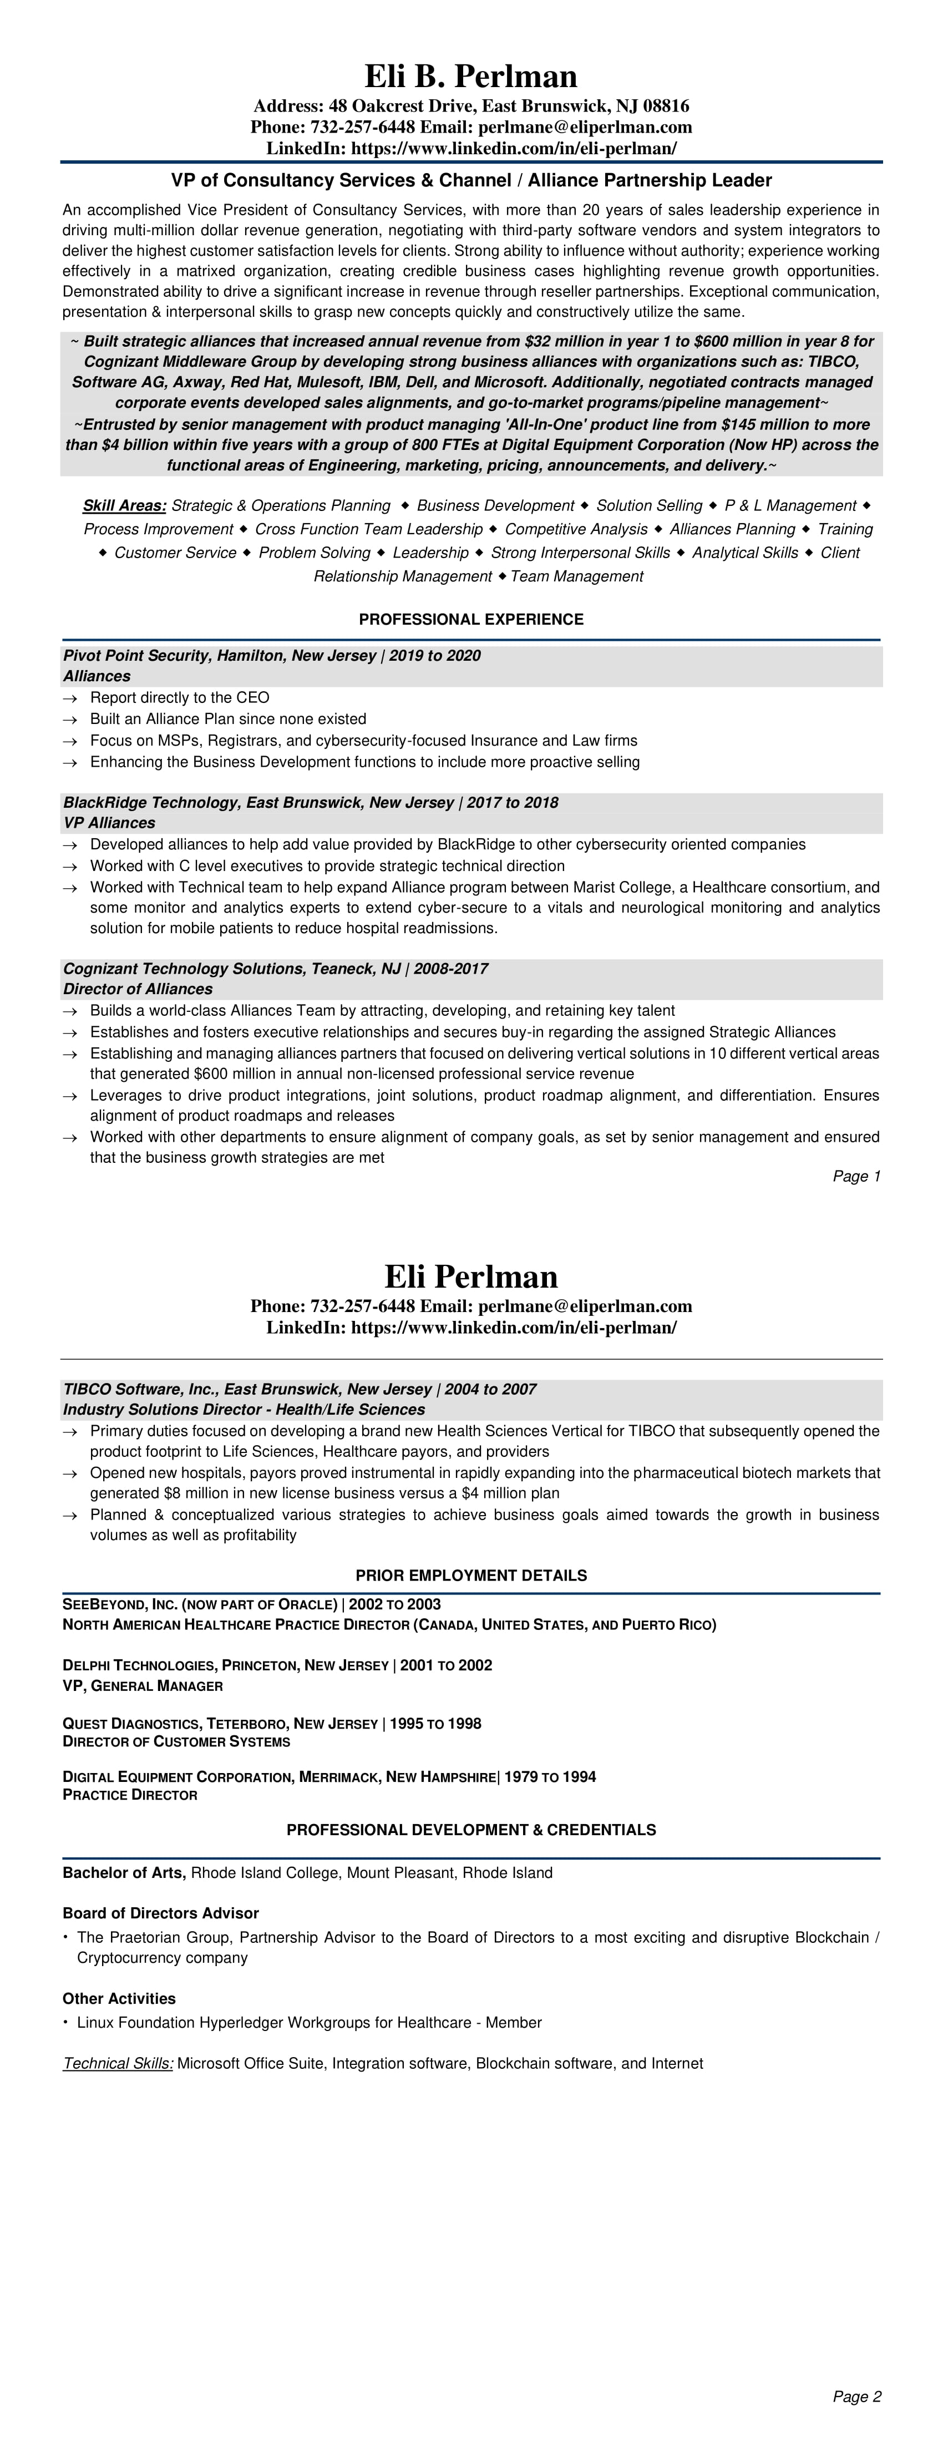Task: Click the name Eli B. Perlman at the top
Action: tap(471, 77)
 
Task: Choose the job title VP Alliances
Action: tap(109, 823)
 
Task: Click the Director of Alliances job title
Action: tap(138, 989)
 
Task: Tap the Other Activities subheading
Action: tap(119, 1998)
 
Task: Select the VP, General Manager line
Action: tap(142, 1686)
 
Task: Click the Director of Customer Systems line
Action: tap(176, 1741)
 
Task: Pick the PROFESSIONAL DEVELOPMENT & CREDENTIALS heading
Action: tap(471, 1830)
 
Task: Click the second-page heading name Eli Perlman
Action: tap(471, 1277)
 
